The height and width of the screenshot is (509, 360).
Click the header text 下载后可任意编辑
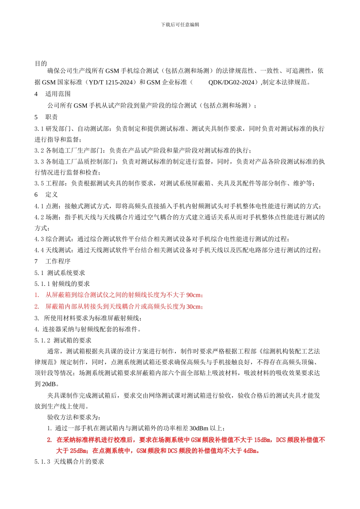coord(180,25)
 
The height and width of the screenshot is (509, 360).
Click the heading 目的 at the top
coord(41,63)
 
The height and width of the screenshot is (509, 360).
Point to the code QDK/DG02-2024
coord(231,82)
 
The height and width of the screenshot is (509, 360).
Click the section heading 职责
coord(52,117)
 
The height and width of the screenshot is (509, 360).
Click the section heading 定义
coord(52,195)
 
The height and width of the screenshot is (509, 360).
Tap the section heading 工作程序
coord(58,261)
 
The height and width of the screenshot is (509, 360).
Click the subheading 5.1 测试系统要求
coord(60,273)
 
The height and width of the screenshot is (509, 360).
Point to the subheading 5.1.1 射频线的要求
coord(62,284)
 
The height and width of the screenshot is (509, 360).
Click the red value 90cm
coord(194,295)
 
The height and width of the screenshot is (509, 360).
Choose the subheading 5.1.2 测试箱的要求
coord(63,340)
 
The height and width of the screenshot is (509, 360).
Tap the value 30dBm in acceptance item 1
coord(199,428)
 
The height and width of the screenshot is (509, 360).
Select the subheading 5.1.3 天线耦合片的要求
coord(69,462)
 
